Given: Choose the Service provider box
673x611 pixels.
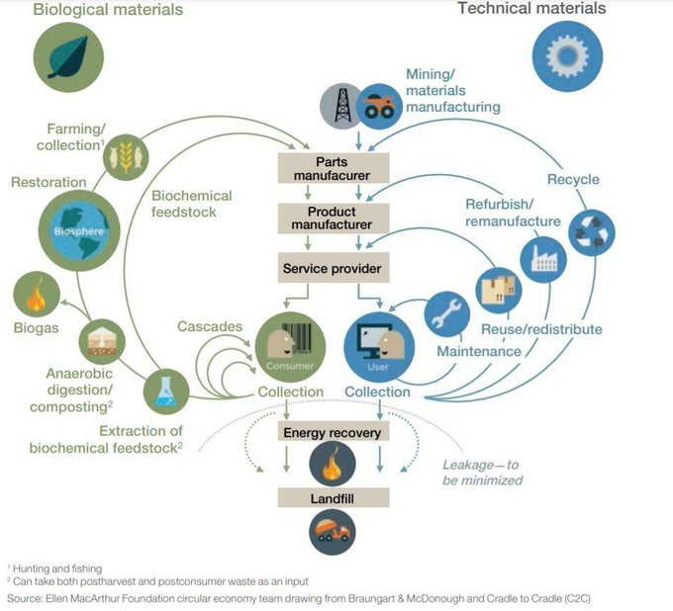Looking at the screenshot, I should (x=332, y=268).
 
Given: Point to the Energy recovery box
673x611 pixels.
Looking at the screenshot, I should (x=332, y=433).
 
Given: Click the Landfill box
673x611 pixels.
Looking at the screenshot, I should (x=332, y=498).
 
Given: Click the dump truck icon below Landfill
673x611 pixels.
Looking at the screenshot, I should (x=332, y=534).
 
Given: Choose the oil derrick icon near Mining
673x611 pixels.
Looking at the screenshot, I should (x=341, y=105).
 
